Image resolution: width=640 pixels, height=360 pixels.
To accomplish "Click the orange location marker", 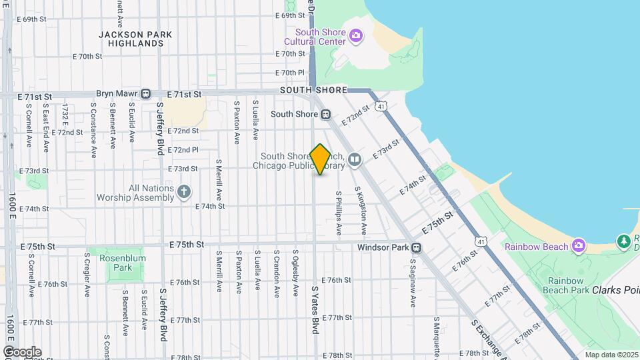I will pyautogui.click(x=321, y=159).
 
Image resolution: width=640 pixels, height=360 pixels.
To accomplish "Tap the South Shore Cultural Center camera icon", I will pyautogui.click(x=356, y=35).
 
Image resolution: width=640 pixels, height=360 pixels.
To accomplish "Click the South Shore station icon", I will pyautogui.click(x=326, y=114).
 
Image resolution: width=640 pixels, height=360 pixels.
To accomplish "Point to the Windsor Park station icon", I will pyautogui.click(x=416, y=248).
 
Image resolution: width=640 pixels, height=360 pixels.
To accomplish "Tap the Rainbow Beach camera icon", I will pyautogui.click(x=579, y=247).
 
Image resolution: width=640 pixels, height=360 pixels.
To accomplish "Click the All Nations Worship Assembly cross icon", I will pyautogui.click(x=185, y=193).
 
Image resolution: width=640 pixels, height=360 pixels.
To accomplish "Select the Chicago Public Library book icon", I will pyautogui.click(x=354, y=159).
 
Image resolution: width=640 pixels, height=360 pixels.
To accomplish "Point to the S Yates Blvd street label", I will pyautogui.click(x=315, y=310).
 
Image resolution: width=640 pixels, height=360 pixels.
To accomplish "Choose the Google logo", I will pyautogui.click(x=22, y=351).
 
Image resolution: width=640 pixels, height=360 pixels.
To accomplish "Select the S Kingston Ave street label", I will pyautogui.click(x=364, y=210).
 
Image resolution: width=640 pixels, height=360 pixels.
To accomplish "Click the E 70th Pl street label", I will pyautogui.click(x=291, y=73).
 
